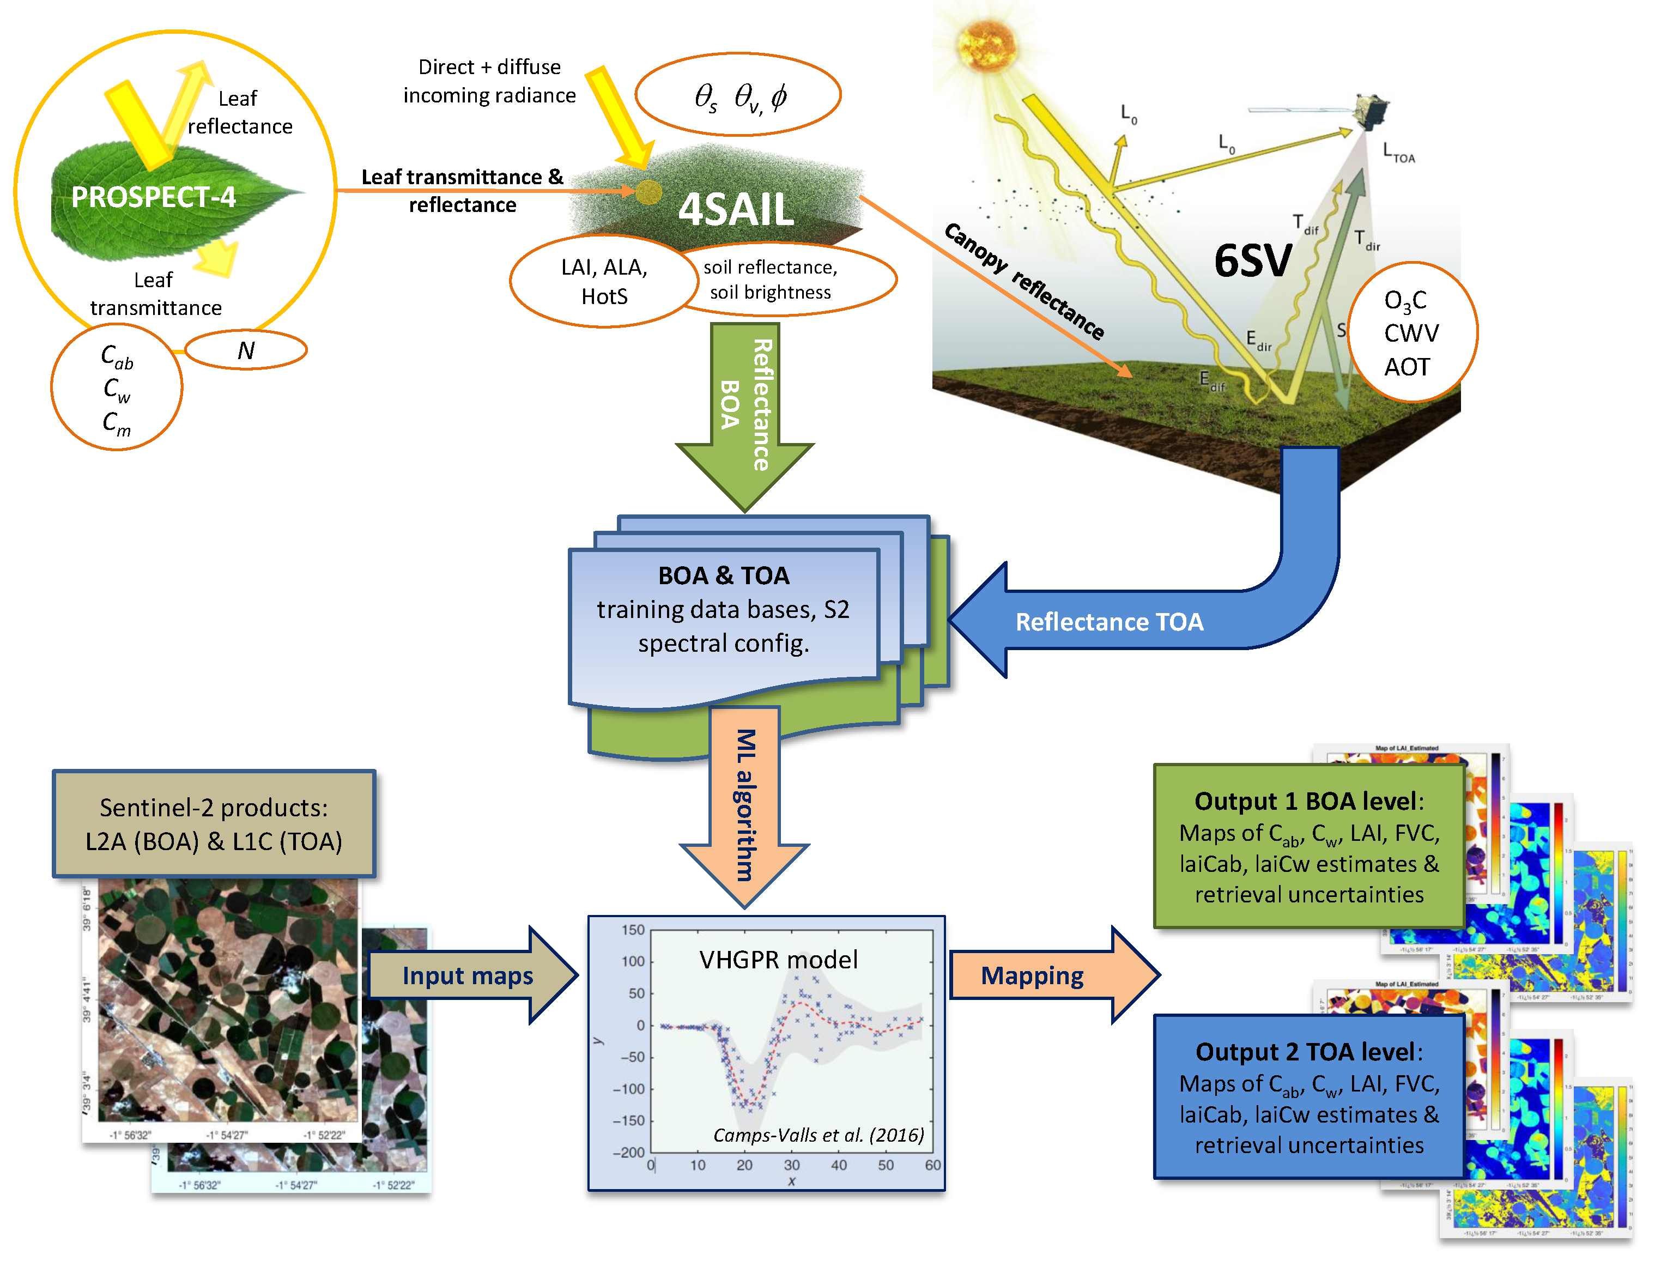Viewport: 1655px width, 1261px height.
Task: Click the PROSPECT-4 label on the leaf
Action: (153, 197)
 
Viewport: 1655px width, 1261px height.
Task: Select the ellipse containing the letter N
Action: (246, 350)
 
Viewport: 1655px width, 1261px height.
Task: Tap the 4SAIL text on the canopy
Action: (736, 209)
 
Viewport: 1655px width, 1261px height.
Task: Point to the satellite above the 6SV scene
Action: (1371, 113)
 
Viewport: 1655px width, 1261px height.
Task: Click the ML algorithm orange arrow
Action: (744, 803)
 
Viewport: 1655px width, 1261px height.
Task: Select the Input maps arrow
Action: (468, 976)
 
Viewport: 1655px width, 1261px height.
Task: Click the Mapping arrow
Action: (1033, 976)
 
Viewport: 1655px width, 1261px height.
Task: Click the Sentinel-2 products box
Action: (214, 824)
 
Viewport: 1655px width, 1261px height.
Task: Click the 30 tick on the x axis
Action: (792, 1166)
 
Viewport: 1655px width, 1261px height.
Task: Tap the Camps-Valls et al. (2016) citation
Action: (818, 1136)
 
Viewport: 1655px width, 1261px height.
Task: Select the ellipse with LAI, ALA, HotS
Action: (604, 282)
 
